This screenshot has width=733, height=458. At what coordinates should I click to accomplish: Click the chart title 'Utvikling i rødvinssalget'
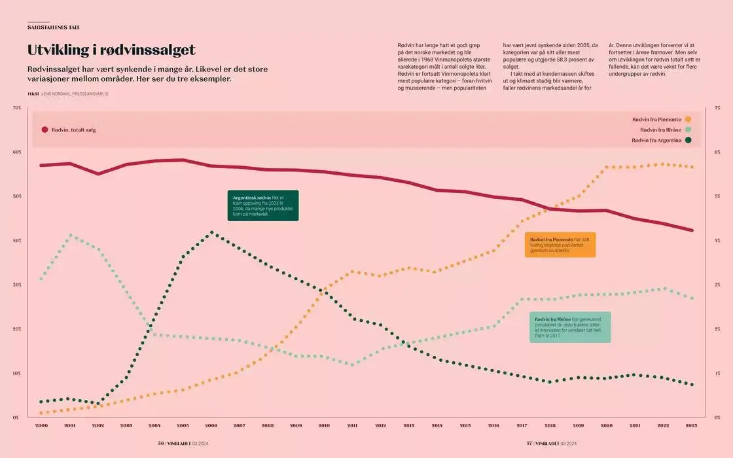[111, 50]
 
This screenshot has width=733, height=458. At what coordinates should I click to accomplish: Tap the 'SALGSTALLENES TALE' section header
[54, 27]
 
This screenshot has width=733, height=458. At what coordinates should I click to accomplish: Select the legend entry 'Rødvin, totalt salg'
[73, 130]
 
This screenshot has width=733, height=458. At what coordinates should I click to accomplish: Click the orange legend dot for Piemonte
[688, 119]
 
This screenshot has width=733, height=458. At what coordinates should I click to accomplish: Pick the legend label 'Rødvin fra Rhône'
[660, 130]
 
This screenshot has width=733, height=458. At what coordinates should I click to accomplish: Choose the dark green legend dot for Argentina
[688, 140]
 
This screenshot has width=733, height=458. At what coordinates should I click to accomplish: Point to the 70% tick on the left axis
[17, 108]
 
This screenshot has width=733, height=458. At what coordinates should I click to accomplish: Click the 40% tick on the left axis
[17, 241]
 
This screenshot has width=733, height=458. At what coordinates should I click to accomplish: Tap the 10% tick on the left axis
[17, 373]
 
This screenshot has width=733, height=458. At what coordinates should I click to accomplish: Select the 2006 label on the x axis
[211, 425]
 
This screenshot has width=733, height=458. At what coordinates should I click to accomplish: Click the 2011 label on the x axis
[352, 425]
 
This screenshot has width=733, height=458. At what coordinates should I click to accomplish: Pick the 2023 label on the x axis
[692, 425]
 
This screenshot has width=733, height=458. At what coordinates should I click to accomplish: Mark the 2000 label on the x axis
[41, 425]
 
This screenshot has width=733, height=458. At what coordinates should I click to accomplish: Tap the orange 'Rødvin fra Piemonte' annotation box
[560, 245]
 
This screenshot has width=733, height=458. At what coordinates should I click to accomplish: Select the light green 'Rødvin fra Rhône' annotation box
[569, 327]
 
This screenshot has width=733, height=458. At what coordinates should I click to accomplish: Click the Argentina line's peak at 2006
[211, 232]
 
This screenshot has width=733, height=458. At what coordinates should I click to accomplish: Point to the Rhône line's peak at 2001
[70, 235]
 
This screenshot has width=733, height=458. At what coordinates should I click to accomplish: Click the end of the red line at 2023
[692, 230]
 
